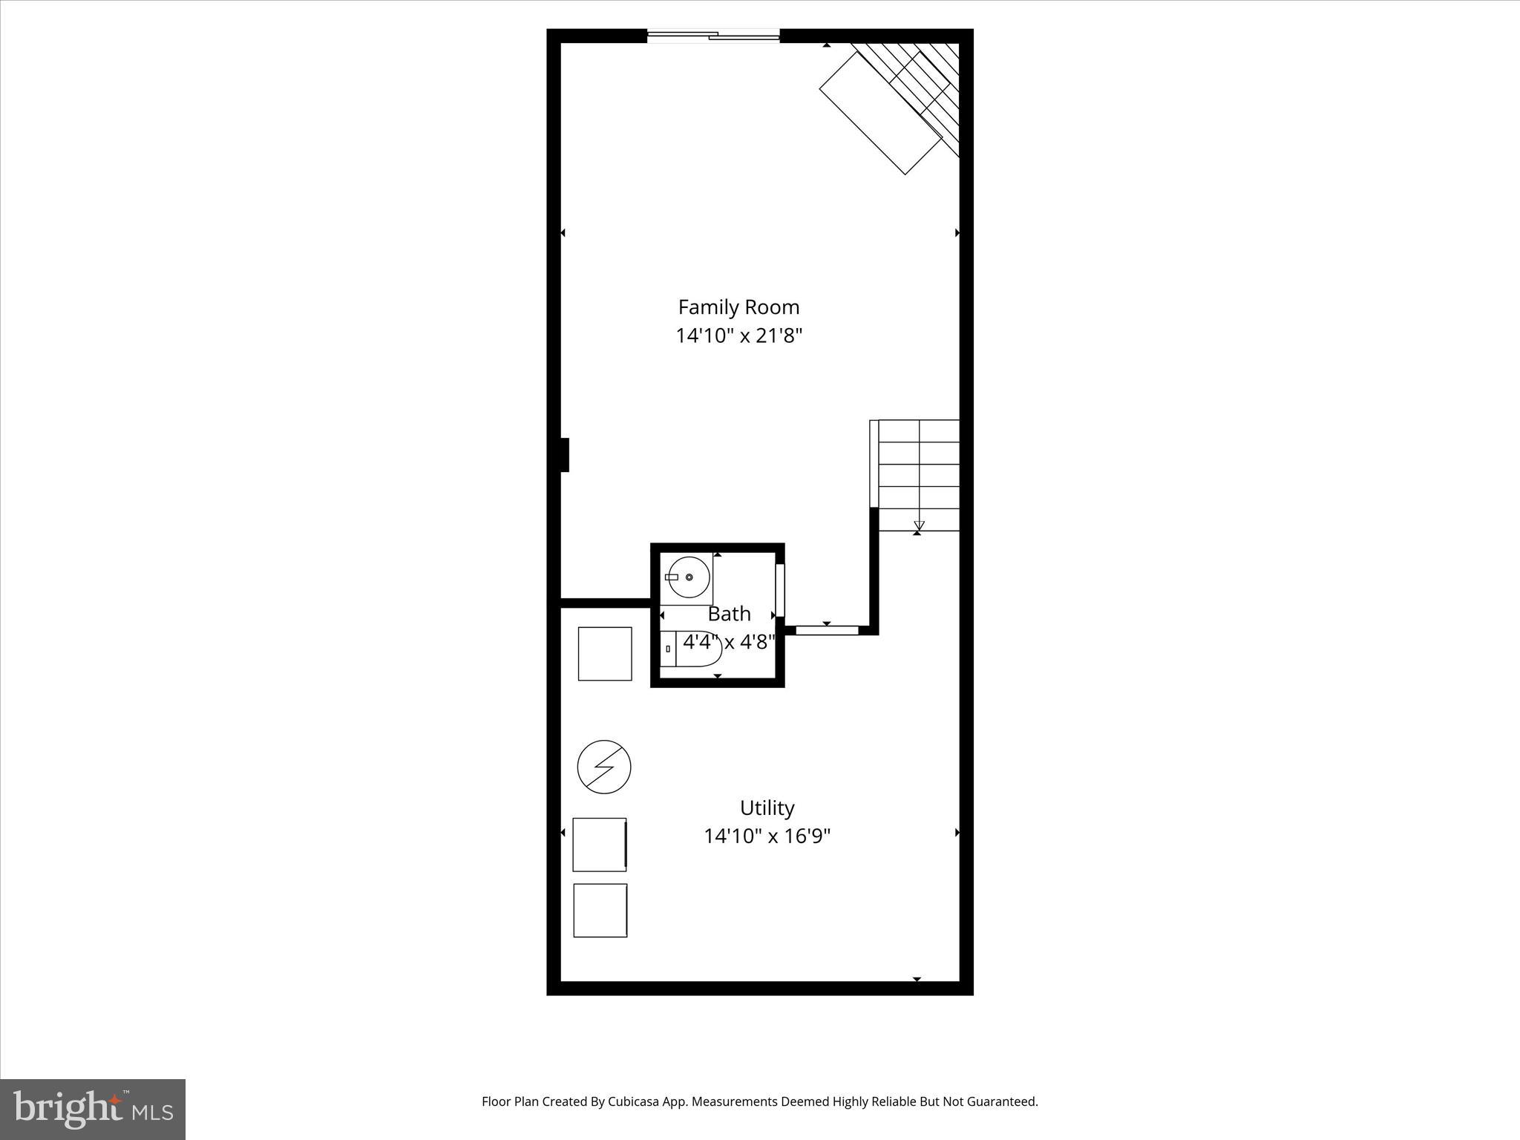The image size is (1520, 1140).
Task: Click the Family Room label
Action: pyautogui.click(x=738, y=307)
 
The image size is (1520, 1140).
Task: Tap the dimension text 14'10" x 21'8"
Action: pyautogui.click(x=738, y=336)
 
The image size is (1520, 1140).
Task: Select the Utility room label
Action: pyautogui.click(x=767, y=807)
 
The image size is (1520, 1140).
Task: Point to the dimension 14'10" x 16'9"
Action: pyautogui.click(x=767, y=836)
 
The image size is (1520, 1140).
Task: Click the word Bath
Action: pyautogui.click(x=729, y=614)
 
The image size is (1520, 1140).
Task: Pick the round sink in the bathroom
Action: pyautogui.click(x=688, y=577)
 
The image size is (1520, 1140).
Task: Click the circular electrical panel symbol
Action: pyautogui.click(x=604, y=767)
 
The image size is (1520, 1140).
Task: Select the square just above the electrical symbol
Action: pyautogui.click(x=605, y=654)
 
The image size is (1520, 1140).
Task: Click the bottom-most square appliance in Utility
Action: pyautogui.click(x=600, y=910)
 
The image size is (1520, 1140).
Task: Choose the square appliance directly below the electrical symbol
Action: pyautogui.click(x=600, y=845)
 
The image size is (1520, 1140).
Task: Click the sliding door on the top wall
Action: pyautogui.click(x=713, y=35)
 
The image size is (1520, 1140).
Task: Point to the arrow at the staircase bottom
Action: pyautogui.click(x=919, y=526)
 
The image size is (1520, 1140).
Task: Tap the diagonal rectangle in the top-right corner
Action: pyautogui.click(x=880, y=113)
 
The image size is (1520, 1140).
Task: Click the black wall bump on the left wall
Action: pyautogui.click(x=564, y=455)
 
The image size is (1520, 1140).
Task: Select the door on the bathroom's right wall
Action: pyautogui.click(x=779, y=590)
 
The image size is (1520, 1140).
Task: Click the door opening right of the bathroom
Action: pyautogui.click(x=827, y=630)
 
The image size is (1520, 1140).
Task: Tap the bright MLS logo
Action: pyautogui.click(x=93, y=1109)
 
